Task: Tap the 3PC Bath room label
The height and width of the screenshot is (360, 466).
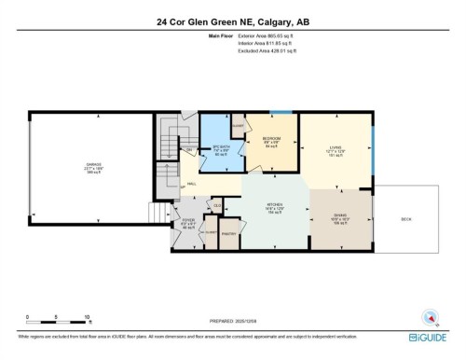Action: pyautogui.click(x=221, y=146)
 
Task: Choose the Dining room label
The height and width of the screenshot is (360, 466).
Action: pyautogui.click(x=340, y=216)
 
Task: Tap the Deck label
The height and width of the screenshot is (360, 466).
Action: pyautogui.click(x=405, y=220)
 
